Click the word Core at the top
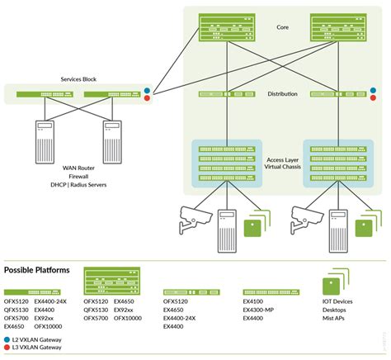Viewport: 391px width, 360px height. click(283, 27)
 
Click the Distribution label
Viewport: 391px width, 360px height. click(282, 93)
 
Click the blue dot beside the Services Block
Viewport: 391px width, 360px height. click(148, 90)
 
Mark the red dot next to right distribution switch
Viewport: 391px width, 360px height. click(374, 99)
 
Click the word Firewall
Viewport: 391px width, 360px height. click(80, 176)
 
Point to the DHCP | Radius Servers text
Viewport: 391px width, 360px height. click(80, 185)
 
